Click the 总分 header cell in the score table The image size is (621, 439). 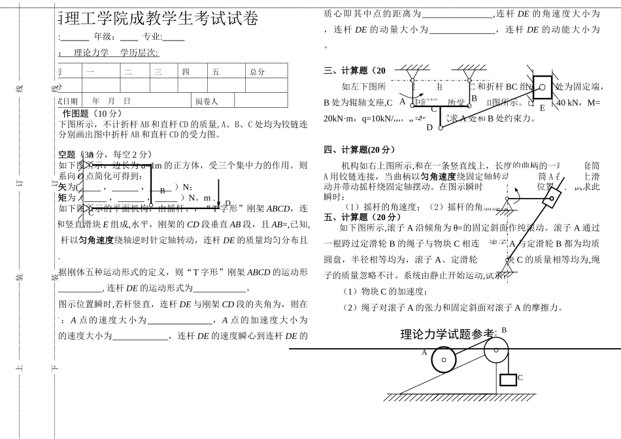[x=257, y=72]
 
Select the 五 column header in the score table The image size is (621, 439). [x=216, y=72]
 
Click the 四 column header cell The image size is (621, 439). [x=186, y=72]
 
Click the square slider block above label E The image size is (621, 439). [x=542, y=87]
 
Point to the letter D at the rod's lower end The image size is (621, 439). [x=429, y=127]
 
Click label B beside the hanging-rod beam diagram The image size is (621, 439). [x=474, y=98]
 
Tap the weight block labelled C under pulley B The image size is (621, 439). [x=508, y=380]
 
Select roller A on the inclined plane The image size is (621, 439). [x=444, y=359]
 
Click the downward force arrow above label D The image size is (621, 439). [x=219, y=195]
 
